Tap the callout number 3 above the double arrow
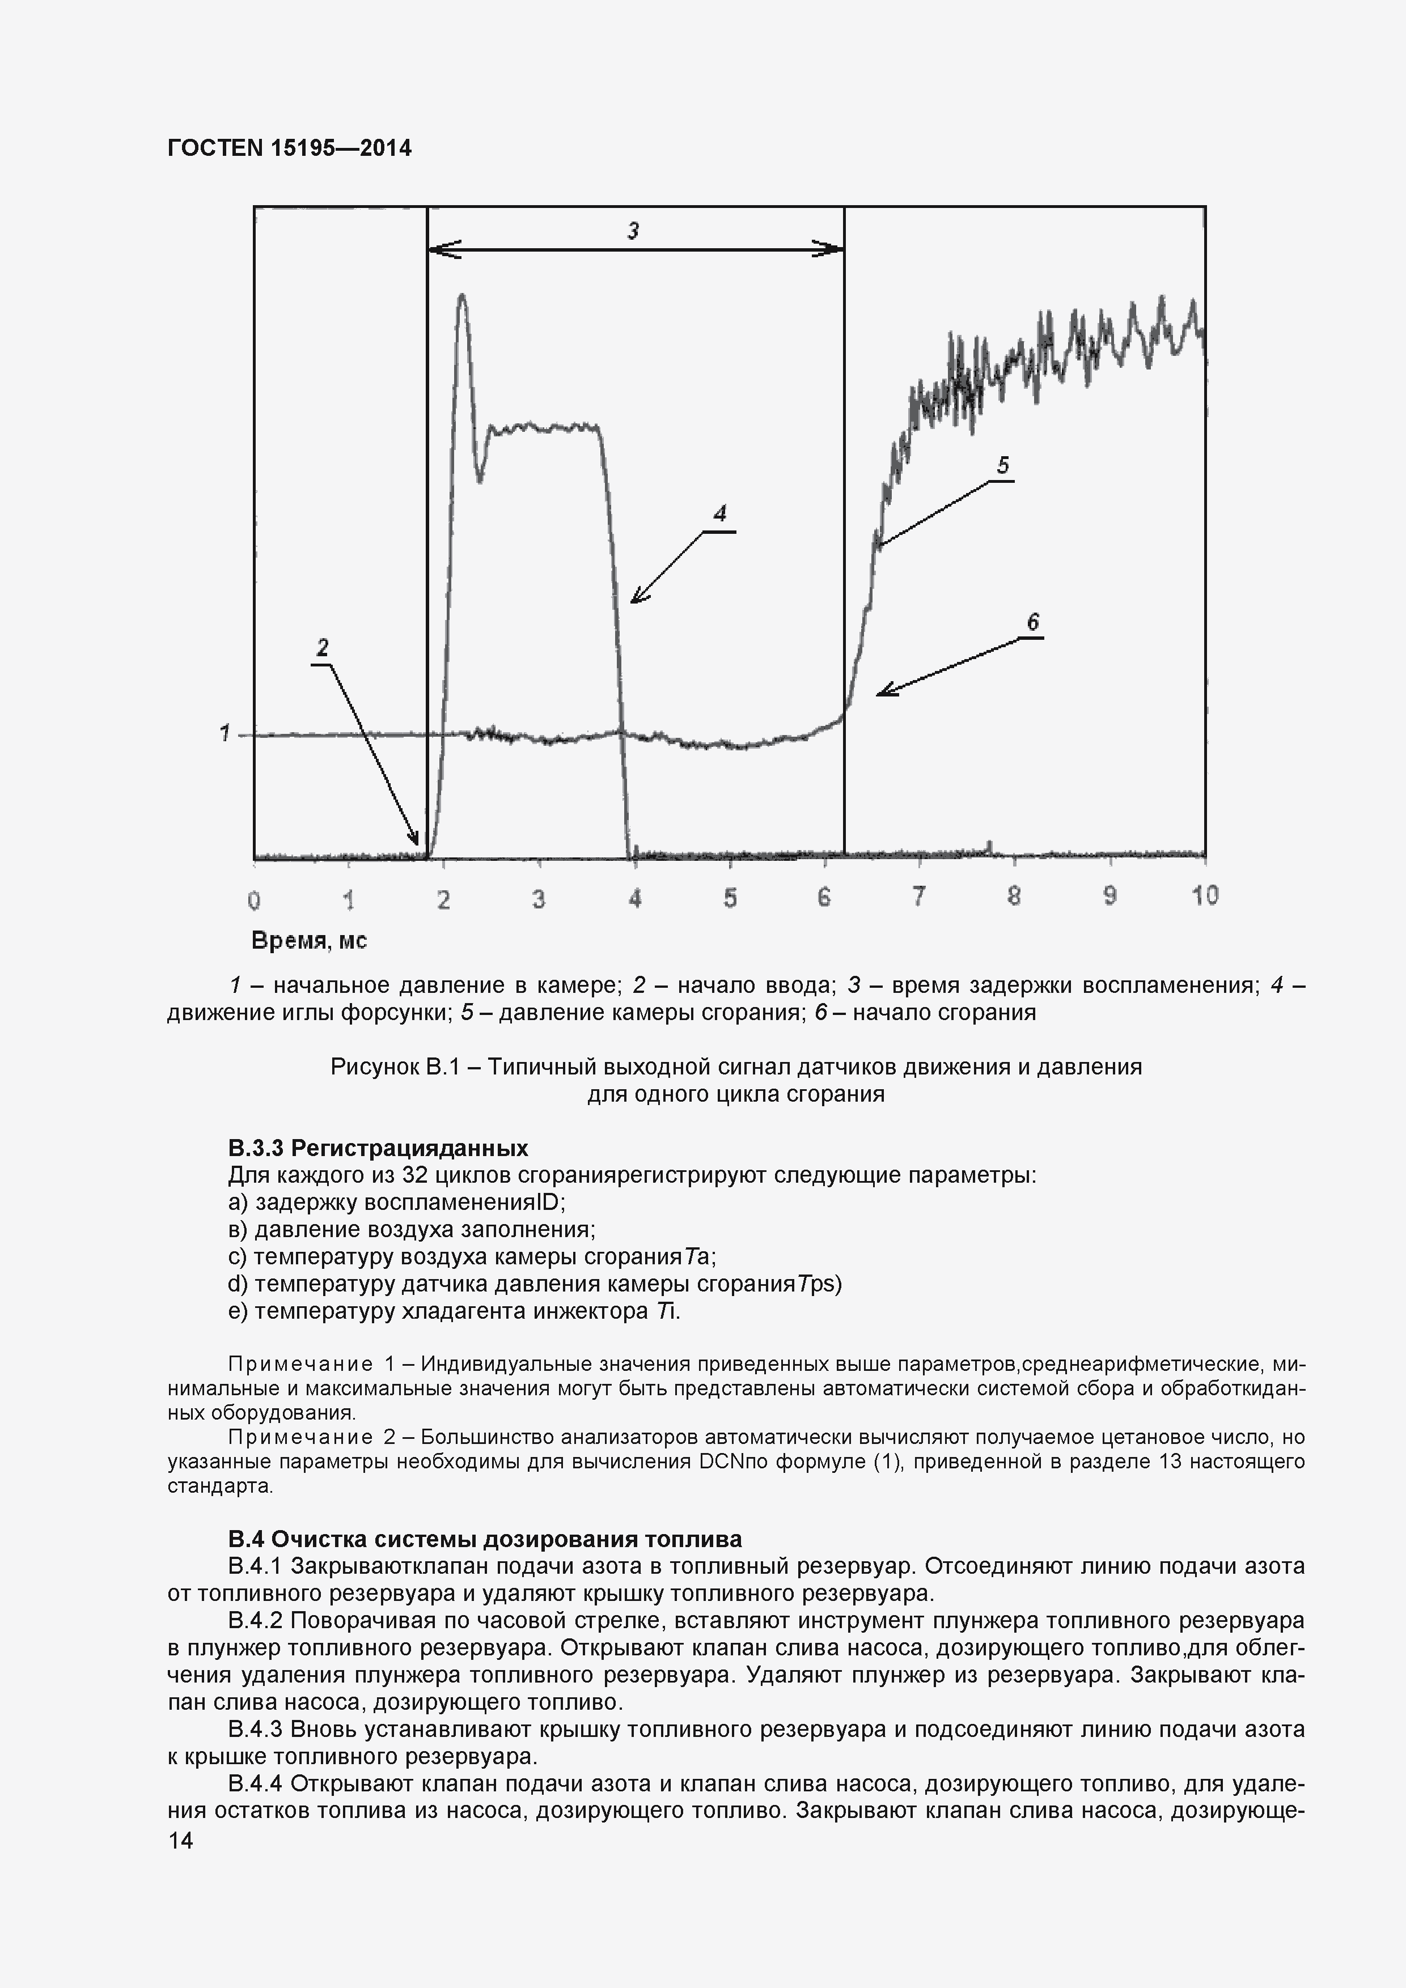click(x=633, y=230)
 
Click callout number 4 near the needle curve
click(x=719, y=513)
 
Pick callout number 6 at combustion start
click(x=1032, y=622)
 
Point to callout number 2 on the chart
click(x=322, y=648)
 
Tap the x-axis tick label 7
click(x=918, y=896)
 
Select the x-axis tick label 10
click(x=1204, y=895)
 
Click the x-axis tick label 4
click(x=635, y=899)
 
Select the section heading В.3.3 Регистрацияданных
click(x=378, y=1148)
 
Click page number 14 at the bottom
click(x=180, y=1841)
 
